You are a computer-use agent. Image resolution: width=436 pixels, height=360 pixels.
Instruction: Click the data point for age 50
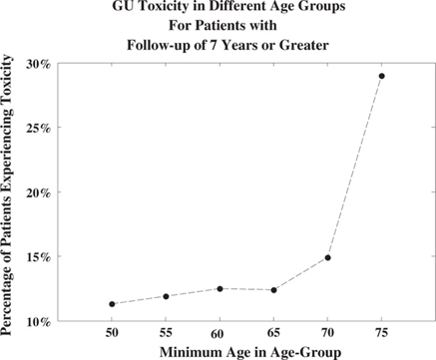[x=112, y=304]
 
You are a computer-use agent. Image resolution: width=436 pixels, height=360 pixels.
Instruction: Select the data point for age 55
[x=166, y=296]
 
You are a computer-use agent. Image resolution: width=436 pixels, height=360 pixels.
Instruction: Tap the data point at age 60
[x=219, y=289]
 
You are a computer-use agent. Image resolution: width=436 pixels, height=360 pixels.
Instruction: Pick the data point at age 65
[x=273, y=290]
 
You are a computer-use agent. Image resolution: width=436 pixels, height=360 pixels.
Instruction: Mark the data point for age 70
[x=327, y=257]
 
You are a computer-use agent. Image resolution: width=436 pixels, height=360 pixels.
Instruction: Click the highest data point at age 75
[x=382, y=76]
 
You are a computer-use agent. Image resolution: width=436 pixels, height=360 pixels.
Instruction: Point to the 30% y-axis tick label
[x=39, y=64]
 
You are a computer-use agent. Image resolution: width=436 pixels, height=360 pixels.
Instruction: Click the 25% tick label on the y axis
[x=39, y=129]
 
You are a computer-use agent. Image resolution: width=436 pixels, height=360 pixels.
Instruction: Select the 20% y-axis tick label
[x=39, y=193]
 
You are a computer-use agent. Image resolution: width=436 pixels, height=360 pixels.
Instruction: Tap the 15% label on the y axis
[x=39, y=257]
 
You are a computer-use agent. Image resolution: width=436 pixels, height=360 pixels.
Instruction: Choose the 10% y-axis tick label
[x=39, y=322]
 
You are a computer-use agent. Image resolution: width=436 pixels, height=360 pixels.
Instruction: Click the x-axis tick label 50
[x=112, y=333]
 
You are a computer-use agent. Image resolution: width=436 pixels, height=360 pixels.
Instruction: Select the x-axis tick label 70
[x=327, y=333]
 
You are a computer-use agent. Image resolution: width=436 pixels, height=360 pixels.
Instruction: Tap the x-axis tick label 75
[x=382, y=333]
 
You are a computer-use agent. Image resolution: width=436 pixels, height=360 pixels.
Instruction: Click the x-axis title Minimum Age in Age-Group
[x=250, y=352]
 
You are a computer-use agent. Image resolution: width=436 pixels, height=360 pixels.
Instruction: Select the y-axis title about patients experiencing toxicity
[x=7, y=195]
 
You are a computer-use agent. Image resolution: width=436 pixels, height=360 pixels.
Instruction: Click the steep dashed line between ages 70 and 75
[x=355, y=167]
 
